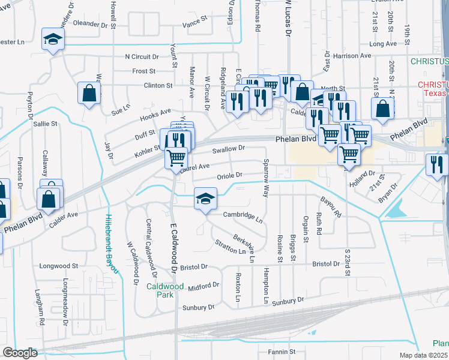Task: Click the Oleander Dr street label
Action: (x=93, y=25)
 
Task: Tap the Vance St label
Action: (x=194, y=25)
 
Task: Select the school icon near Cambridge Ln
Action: (x=205, y=199)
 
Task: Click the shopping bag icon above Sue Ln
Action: (x=89, y=94)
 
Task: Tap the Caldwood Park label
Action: (x=164, y=290)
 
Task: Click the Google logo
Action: (x=20, y=353)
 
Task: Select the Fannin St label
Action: (x=282, y=352)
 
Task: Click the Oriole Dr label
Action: (x=229, y=175)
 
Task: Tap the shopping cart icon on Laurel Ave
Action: (x=176, y=158)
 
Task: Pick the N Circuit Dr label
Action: (x=141, y=57)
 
